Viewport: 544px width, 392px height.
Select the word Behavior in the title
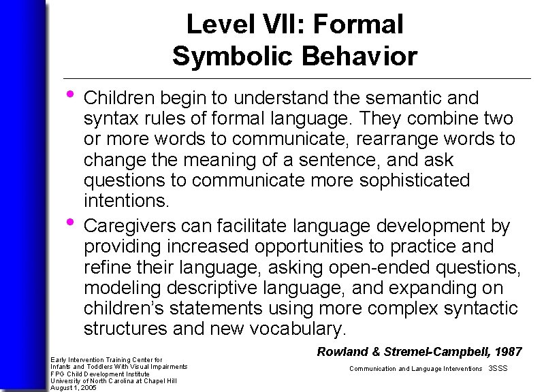click(x=359, y=56)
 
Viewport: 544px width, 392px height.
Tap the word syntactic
click(x=479, y=308)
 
